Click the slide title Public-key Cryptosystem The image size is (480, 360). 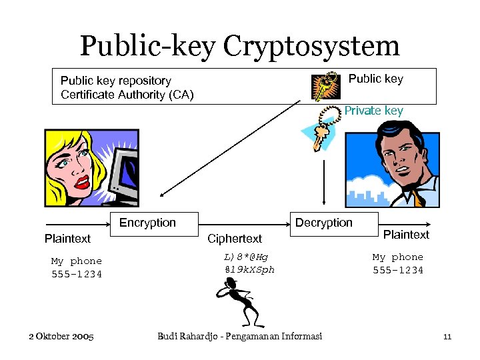point(239,45)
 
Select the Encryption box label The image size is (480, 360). point(147,223)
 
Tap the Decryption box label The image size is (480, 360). point(323,223)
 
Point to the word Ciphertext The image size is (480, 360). point(235,239)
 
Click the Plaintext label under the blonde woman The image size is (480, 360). point(67,239)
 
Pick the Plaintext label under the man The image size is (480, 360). point(406,235)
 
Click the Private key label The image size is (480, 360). point(373,111)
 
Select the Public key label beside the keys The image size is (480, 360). point(375,79)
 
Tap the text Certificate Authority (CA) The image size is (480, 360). point(127,95)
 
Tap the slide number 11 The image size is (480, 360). point(447,337)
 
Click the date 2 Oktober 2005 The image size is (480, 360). point(61,336)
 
